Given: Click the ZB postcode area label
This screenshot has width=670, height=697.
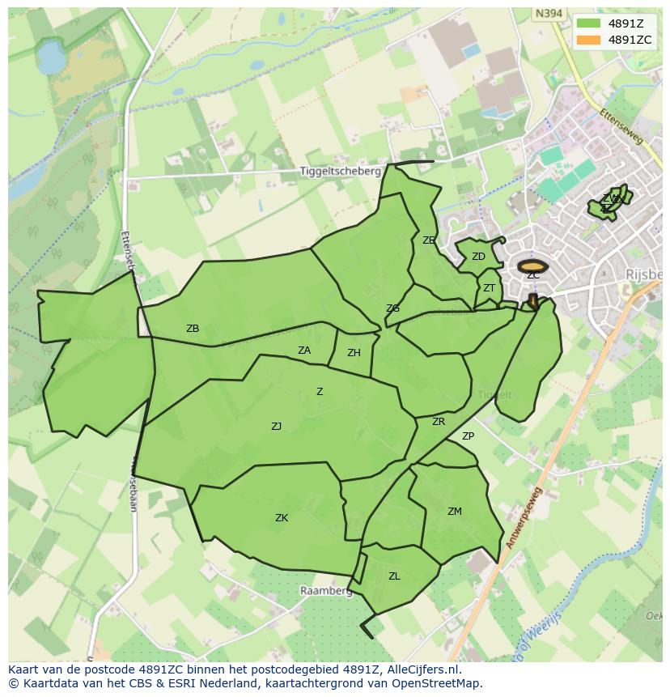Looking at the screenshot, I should (193, 329).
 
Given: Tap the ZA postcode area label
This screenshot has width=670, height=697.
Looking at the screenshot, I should (304, 351).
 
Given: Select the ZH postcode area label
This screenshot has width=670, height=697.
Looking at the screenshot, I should (354, 353).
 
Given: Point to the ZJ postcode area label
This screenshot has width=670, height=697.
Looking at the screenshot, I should (277, 426).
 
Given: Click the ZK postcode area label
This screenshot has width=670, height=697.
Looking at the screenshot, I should (282, 518).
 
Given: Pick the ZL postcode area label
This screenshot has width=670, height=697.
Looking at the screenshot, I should (394, 576).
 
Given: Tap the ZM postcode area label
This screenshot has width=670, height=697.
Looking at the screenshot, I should (455, 511).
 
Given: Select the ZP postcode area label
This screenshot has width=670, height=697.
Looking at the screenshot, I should (468, 436).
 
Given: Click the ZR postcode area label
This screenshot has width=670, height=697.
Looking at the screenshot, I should (439, 422).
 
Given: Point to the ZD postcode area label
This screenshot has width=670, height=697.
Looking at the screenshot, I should (478, 257).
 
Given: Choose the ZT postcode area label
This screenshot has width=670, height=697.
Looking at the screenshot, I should (489, 288).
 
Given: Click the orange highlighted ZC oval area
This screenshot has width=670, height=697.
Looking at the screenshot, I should (532, 266).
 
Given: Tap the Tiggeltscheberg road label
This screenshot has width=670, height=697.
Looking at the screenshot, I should (340, 172).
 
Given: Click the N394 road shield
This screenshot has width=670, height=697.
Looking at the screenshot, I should (548, 14).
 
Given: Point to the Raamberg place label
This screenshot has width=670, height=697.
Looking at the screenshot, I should (326, 591).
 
